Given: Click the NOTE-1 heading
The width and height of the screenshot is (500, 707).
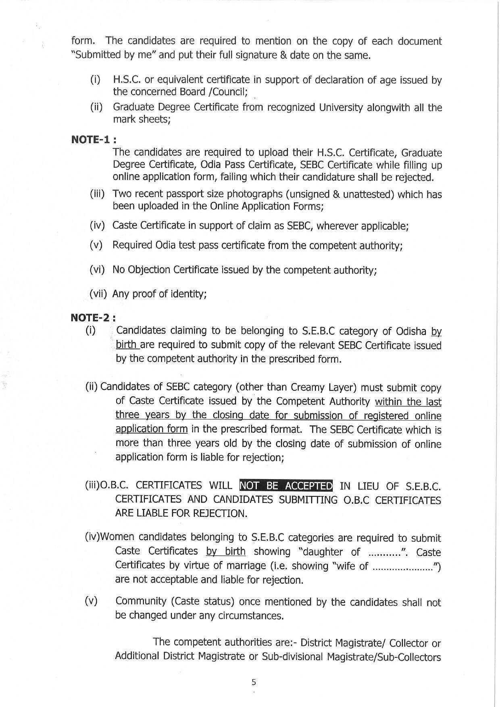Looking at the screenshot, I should coord(94,140).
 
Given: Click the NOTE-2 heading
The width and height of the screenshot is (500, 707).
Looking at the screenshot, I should coord(93,317).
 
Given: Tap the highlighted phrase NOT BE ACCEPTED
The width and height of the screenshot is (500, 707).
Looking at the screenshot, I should coord(286,485).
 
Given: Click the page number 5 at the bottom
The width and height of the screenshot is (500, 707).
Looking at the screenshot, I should coord(254,682).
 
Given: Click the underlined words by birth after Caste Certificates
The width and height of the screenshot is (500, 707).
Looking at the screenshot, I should coord(225,551).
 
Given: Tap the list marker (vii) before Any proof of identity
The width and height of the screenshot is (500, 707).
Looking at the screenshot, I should coord(98,294).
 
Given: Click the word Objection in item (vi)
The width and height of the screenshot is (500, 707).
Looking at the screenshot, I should coord(149,269).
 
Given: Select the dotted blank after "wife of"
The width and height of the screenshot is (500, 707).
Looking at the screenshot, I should coord(403,566).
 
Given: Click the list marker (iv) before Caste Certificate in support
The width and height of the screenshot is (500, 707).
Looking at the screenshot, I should coord(97,225).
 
